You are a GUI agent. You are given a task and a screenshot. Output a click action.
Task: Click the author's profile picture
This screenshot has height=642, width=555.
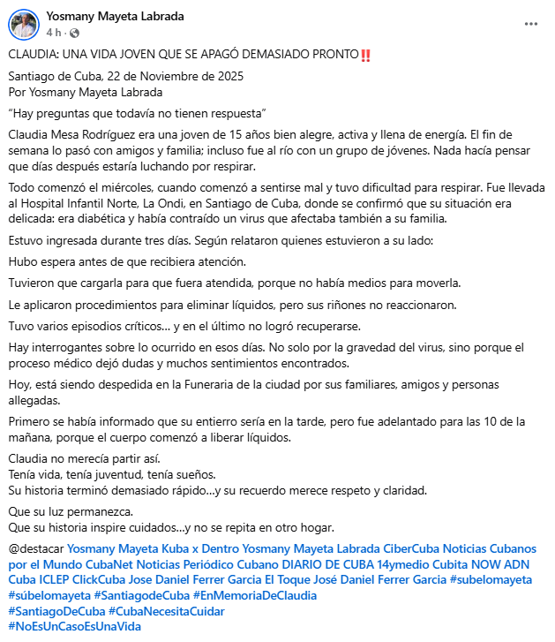click(x=23, y=24)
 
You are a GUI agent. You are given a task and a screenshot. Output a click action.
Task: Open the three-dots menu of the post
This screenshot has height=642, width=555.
click(x=530, y=24)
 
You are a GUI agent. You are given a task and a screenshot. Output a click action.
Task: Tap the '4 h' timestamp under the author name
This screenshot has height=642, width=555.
click(x=53, y=33)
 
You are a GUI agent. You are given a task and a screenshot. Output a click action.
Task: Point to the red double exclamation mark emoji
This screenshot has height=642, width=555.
click(x=366, y=56)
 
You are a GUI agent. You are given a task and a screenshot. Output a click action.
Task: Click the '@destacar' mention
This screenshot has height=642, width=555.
click(x=35, y=548)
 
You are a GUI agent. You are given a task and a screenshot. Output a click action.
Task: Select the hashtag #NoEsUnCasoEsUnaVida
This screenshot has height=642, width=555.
click(x=74, y=625)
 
